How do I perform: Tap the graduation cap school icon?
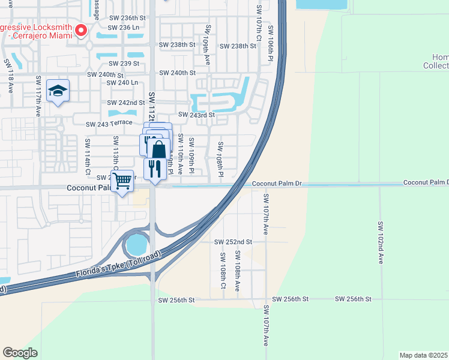(58, 91)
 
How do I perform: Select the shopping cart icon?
(122, 179)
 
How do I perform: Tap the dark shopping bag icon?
(158, 150)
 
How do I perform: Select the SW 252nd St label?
(233, 242)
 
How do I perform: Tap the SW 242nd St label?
(127, 103)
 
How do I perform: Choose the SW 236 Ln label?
(124, 28)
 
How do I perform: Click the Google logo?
(20, 353)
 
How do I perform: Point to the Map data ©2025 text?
(423, 355)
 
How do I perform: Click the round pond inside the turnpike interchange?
(137, 244)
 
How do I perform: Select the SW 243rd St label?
(196, 115)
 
